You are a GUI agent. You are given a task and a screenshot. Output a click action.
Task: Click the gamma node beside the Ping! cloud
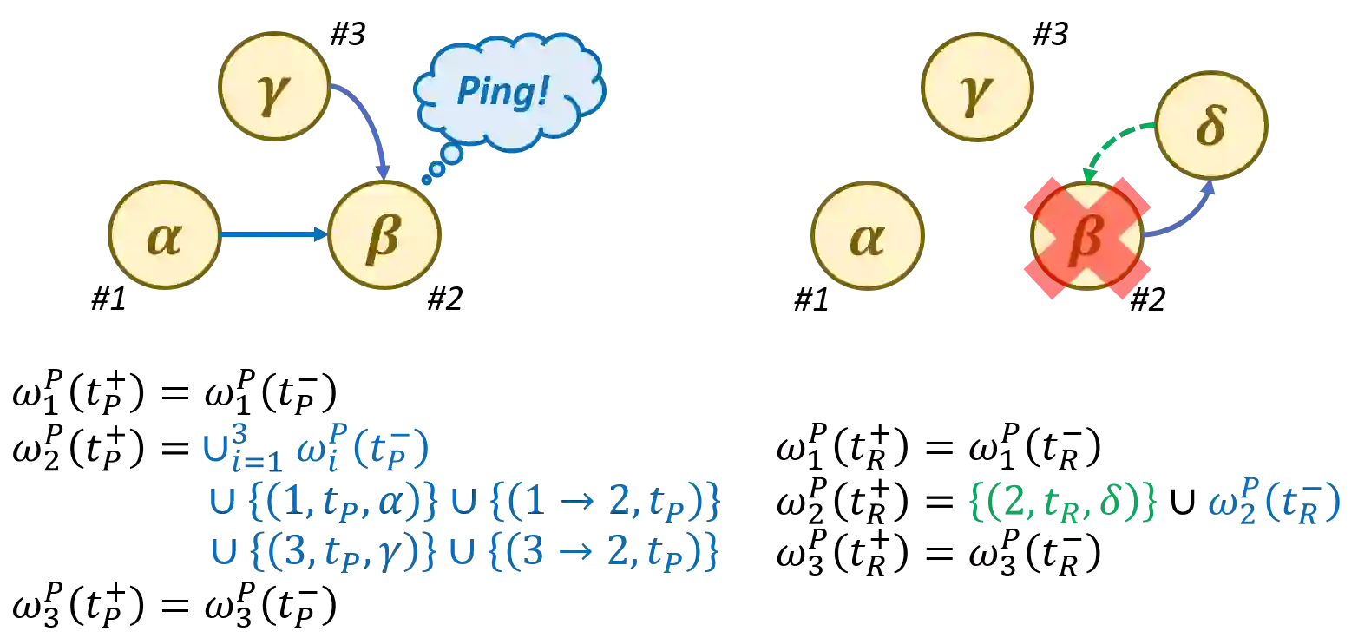click(275, 87)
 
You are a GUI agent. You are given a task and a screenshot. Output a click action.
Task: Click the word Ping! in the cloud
click(502, 90)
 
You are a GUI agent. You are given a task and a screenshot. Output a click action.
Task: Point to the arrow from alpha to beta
click(272, 234)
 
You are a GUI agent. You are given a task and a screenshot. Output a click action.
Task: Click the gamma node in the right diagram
click(975, 87)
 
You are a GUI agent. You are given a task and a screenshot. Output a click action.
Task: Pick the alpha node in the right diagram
click(866, 236)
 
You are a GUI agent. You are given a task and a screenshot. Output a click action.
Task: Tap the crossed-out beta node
click(1087, 237)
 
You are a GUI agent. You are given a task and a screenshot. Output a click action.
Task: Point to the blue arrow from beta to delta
click(1185, 214)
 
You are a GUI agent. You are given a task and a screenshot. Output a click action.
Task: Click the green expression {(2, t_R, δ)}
click(1061, 504)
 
